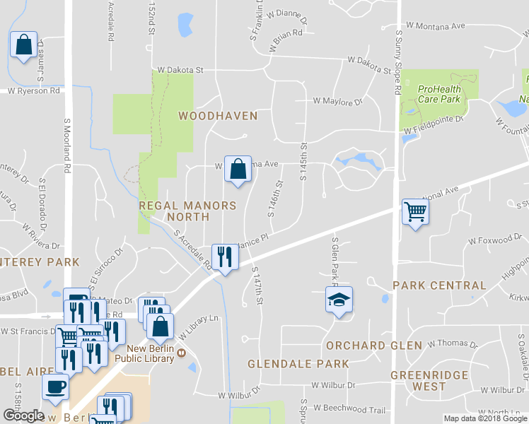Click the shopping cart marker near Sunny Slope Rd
tap(414, 211)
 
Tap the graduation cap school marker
tap(339, 300)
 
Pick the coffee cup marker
tap(54, 387)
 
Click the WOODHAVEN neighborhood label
tap(217, 115)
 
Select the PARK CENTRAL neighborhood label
tap(439, 285)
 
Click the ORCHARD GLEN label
tap(373, 346)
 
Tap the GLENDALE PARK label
tap(298, 364)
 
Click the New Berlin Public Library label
tap(150, 353)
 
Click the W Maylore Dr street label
tap(338, 102)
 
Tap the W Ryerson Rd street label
tap(33, 90)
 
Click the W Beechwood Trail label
tap(349, 408)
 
